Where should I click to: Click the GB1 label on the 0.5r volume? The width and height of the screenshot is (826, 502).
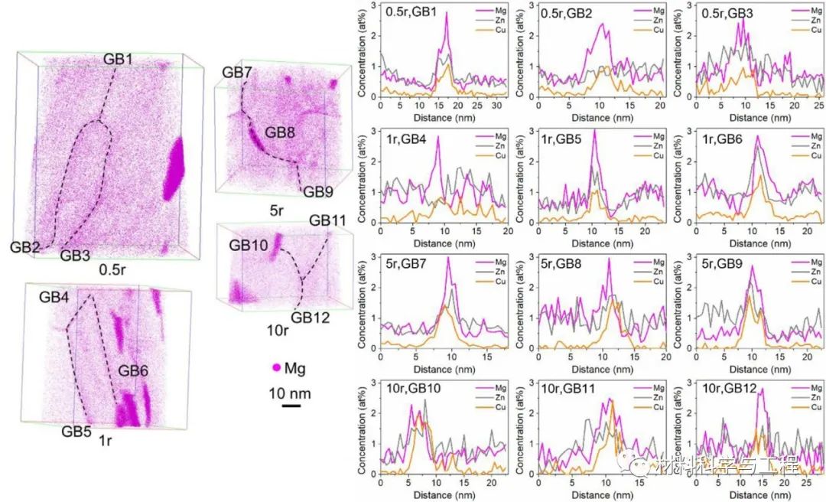click(119, 59)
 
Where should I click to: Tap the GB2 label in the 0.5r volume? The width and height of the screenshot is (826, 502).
click(26, 246)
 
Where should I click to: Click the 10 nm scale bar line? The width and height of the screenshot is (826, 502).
click(290, 406)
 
